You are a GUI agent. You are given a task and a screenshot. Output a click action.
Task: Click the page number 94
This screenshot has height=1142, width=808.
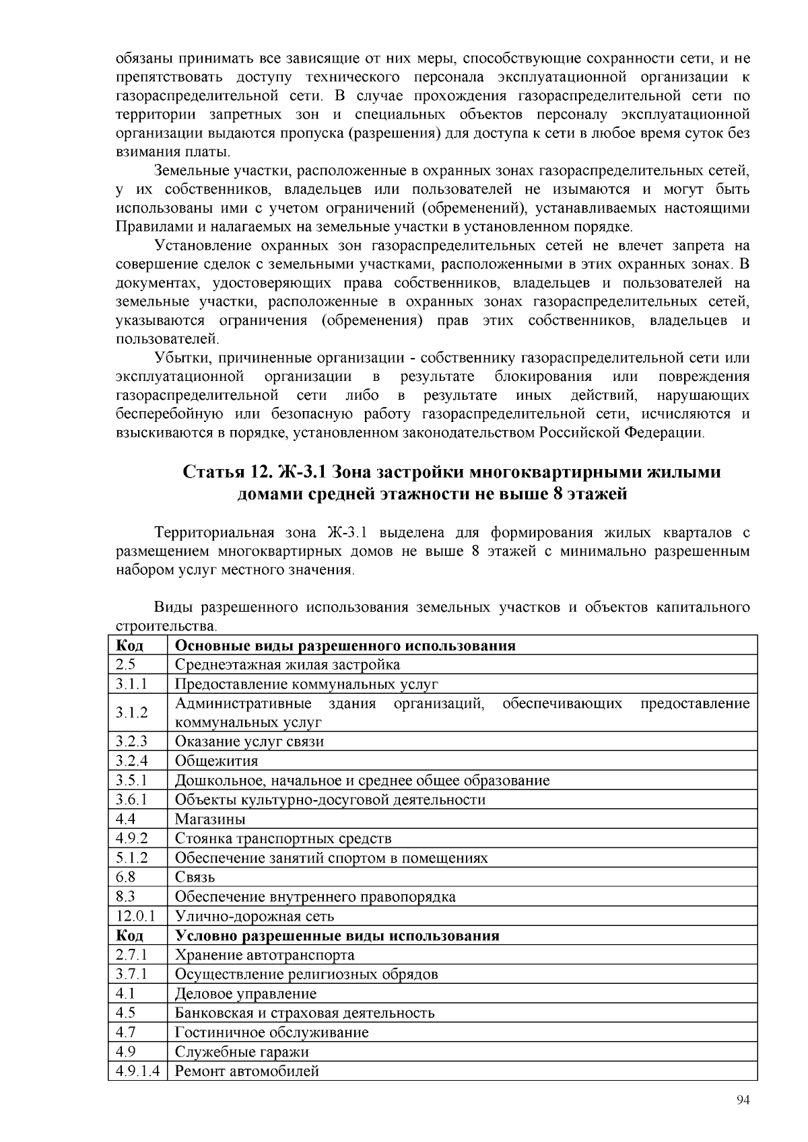coord(743,1100)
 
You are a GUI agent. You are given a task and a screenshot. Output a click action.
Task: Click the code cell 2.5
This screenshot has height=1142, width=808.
coord(126,665)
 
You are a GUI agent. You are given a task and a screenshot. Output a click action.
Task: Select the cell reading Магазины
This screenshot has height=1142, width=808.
coord(210,819)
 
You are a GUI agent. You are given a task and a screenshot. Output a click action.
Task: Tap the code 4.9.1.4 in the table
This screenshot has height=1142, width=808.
coord(137,1071)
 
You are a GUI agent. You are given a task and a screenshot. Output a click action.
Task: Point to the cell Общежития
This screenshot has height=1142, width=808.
coord(216,761)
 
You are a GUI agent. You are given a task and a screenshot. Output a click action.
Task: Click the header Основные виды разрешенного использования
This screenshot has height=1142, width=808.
coord(345,646)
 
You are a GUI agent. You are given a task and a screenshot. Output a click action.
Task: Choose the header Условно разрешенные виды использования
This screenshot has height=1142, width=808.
coord(337,935)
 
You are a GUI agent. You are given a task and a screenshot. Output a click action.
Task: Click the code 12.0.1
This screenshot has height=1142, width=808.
coord(135,916)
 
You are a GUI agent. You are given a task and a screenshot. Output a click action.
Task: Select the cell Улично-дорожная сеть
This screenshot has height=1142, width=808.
coord(255,916)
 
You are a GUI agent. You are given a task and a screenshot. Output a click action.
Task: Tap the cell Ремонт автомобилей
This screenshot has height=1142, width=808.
coord(246,1071)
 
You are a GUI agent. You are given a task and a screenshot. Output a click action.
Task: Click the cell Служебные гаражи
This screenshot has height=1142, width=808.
coord(242,1052)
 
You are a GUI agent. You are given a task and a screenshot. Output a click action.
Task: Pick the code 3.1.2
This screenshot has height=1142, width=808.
coord(131,713)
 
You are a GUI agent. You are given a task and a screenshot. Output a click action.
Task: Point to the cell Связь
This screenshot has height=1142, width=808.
coord(195,878)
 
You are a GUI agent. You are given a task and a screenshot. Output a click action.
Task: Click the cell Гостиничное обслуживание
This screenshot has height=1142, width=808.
coord(271,1032)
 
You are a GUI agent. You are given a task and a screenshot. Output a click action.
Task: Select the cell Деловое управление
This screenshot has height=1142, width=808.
coord(245,994)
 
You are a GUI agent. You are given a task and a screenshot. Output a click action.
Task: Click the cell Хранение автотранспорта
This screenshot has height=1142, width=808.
coord(265,955)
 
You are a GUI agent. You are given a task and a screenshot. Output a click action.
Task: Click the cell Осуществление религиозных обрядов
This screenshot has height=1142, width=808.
coord(306,974)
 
